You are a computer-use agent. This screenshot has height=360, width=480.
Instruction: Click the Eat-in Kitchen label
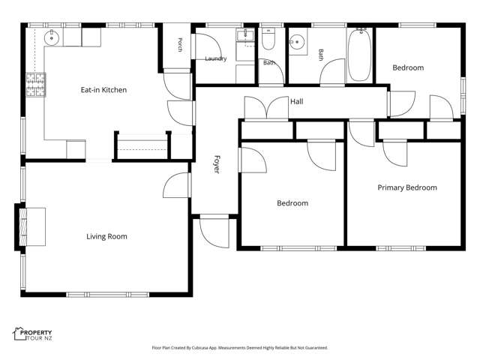click(x=103, y=90)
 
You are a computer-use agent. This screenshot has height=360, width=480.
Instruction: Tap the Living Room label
click(x=106, y=236)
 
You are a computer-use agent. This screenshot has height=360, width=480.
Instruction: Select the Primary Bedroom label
click(x=407, y=187)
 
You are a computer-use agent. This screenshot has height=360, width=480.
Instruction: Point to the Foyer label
click(x=217, y=164)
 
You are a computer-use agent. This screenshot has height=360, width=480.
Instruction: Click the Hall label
click(x=297, y=102)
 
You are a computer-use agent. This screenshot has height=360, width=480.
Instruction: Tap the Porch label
click(x=180, y=45)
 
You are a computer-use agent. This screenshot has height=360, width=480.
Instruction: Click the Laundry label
click(x=216, y=58)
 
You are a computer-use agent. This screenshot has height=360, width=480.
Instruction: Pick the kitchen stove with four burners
click(x=36, y=85)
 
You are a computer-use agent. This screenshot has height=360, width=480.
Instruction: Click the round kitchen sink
click(x=52, y=38)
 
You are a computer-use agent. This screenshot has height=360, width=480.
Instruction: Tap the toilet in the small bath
click(x=268, y=39)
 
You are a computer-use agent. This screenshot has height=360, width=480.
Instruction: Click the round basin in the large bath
click(x=297, y=42)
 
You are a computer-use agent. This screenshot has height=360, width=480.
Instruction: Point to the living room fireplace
click(x=31, y=226)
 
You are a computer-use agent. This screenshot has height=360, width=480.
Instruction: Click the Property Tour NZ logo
click(x=32, y=334)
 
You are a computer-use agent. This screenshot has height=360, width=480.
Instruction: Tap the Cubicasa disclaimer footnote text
click(x=240, y=348)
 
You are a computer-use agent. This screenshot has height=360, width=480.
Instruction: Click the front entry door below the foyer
click(x=214, y=231)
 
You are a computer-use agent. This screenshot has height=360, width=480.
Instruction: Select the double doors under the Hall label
click(x=266, y=107)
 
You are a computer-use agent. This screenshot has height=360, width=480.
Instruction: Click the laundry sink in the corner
click(x=245, y=35)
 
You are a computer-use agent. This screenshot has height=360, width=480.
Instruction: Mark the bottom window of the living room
click(x=108, y=295)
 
